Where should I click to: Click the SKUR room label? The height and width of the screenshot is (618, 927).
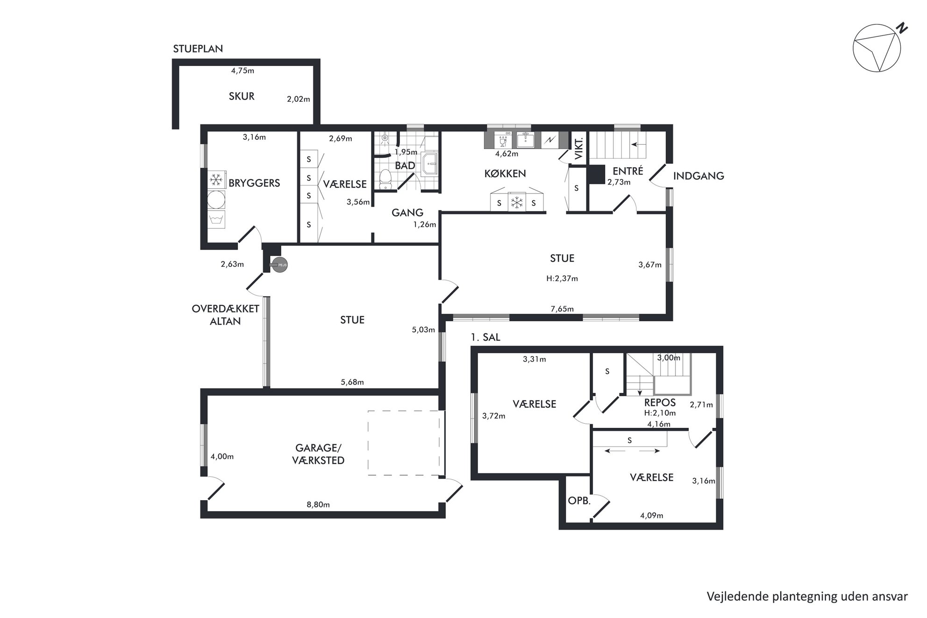pos(242,96)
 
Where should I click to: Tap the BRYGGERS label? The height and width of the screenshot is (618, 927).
pos(254,183)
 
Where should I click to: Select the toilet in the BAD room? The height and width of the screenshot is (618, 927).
pos(385,179)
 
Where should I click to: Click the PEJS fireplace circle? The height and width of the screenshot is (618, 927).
pos(280,265)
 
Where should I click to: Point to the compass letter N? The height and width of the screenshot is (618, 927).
pos(903,28)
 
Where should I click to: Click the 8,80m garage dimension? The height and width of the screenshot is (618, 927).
pos(318,504)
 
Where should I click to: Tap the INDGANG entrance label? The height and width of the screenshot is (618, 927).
pos(699,176)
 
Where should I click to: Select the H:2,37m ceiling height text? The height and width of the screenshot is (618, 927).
pos(562,278)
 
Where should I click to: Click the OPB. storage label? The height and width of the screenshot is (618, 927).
pos(579,501)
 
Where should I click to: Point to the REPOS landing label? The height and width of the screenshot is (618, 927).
pos(660,403)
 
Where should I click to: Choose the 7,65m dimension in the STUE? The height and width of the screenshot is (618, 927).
pos(562,309)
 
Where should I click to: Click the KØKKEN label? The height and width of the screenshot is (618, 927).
pos(505,174)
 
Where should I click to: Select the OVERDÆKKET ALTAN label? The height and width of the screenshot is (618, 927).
pos(225,315)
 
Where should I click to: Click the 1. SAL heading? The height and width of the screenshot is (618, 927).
pos(485,337)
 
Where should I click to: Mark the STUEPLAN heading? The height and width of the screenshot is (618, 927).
pos(198,49)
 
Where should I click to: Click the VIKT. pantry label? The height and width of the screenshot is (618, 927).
pos(578,149)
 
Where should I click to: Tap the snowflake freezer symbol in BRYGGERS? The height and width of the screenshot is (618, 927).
pos(216,180)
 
